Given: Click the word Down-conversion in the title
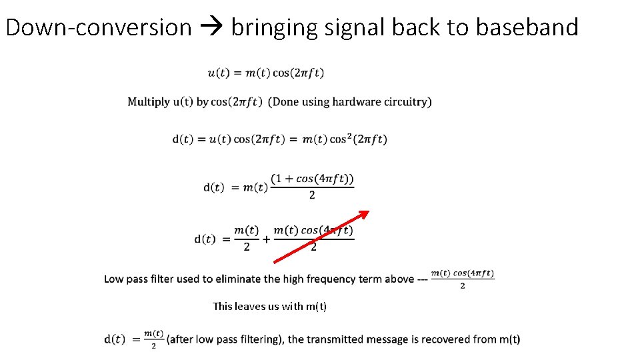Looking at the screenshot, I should (x=99, y=27).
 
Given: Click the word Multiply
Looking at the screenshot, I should (x=149, y=102).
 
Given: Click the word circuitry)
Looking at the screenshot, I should (x=407, y=102).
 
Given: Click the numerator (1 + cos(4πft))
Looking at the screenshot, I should (x=312, y=179).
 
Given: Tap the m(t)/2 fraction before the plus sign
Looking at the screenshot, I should (x=247, y=238).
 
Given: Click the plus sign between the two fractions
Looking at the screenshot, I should (x=267, y=239).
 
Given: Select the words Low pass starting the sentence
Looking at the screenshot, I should (x=126, y=279).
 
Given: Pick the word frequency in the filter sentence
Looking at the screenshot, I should (x=328, y=279).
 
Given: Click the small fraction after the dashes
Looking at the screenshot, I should (x=462, y=279).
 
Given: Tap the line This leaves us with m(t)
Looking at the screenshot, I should (x=269, y=307).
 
